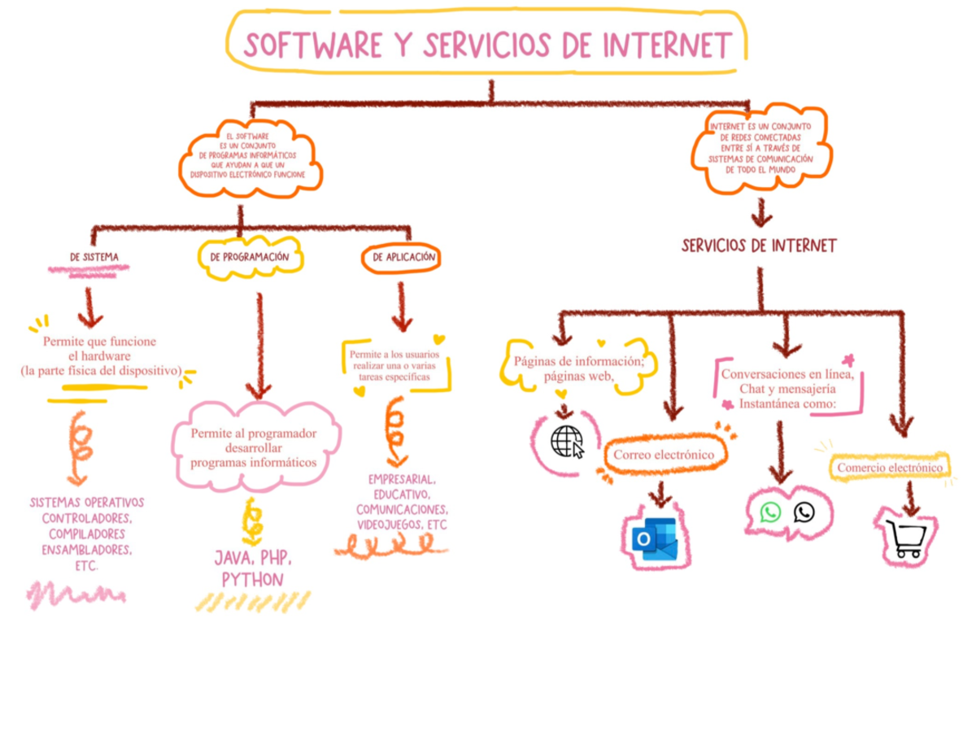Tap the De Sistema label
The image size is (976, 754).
94,257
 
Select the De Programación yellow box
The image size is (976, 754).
250,257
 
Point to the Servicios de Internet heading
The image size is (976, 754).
759,245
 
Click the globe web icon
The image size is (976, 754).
566,442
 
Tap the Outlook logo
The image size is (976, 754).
656,538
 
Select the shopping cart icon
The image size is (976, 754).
906,538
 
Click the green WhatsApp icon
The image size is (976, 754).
769,512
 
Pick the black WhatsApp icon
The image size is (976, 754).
804,512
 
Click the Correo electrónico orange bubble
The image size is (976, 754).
664,455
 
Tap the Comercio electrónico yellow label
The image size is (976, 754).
890,468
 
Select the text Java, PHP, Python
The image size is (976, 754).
252,569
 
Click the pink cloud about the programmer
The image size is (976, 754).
254,447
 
